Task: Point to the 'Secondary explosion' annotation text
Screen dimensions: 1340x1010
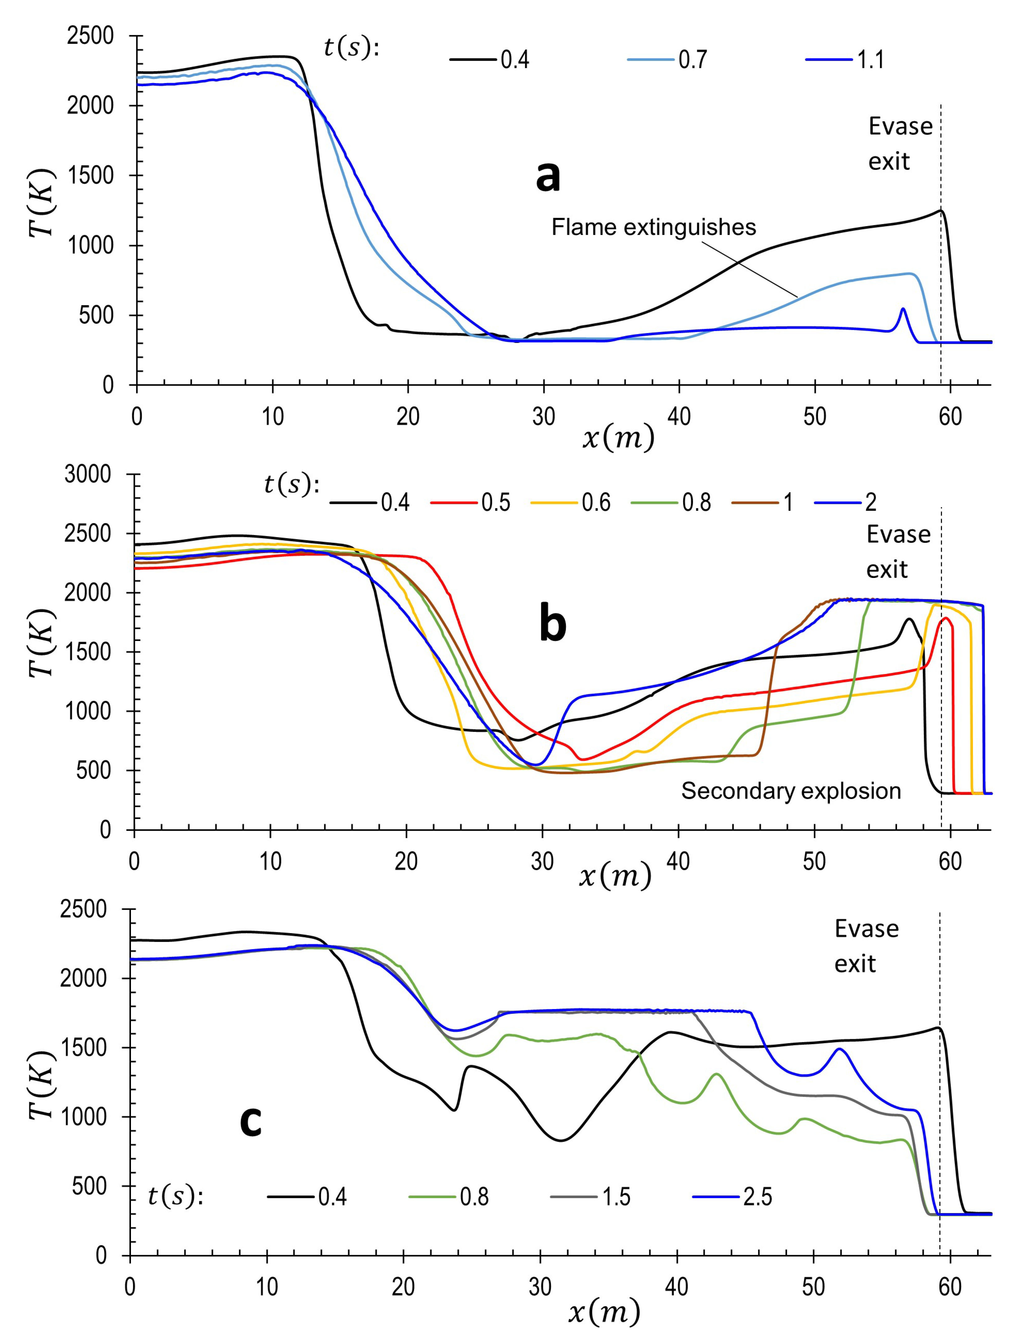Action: [791, 791]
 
